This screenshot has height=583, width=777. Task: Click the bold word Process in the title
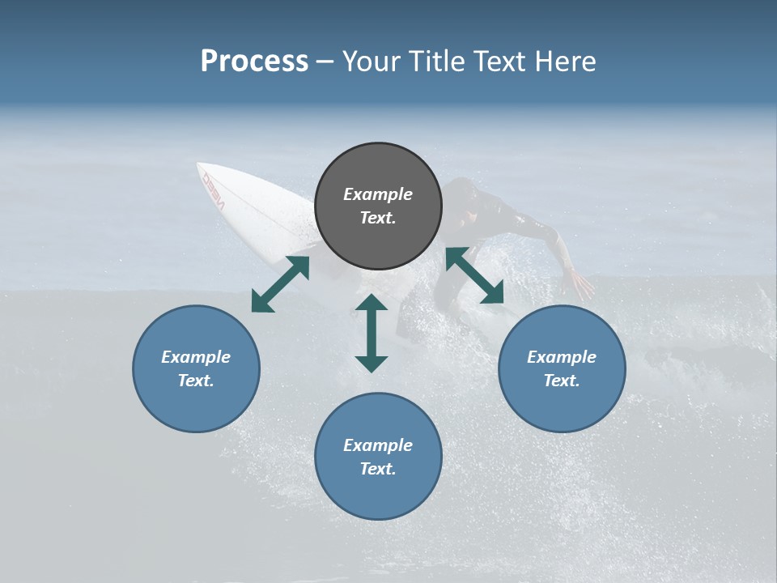click(x=254, y=62)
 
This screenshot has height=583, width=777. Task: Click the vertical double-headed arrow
click(x=372, y=333)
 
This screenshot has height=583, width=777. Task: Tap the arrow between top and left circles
click(x=281, y=284)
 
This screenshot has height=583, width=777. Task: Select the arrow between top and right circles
click(x=474, y=275)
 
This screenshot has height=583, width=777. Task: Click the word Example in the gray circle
click(x=378, y=194)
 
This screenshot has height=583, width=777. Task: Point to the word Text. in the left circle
click(x=196, y=381)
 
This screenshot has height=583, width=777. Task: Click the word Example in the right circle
click(x=562, y=357)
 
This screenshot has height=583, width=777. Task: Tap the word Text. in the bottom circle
click(x=378, y=469)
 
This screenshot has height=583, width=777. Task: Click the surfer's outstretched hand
click(x=580, y=285)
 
